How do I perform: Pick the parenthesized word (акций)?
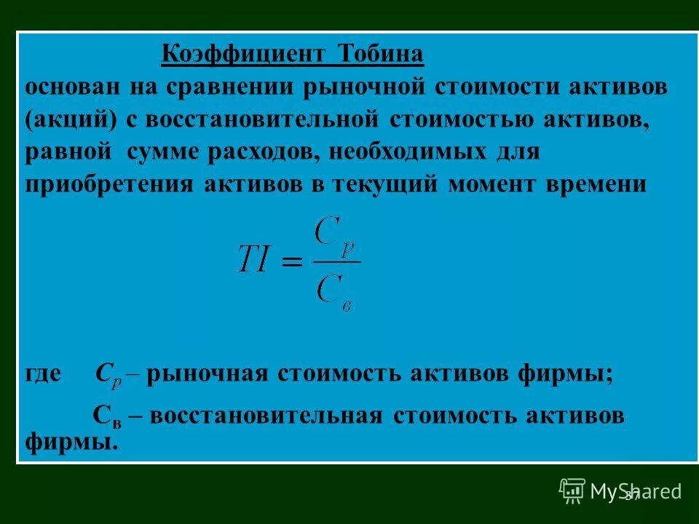pos(66,120)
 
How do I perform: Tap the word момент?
pos(501,184)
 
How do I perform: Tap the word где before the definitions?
pos(45,375)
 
